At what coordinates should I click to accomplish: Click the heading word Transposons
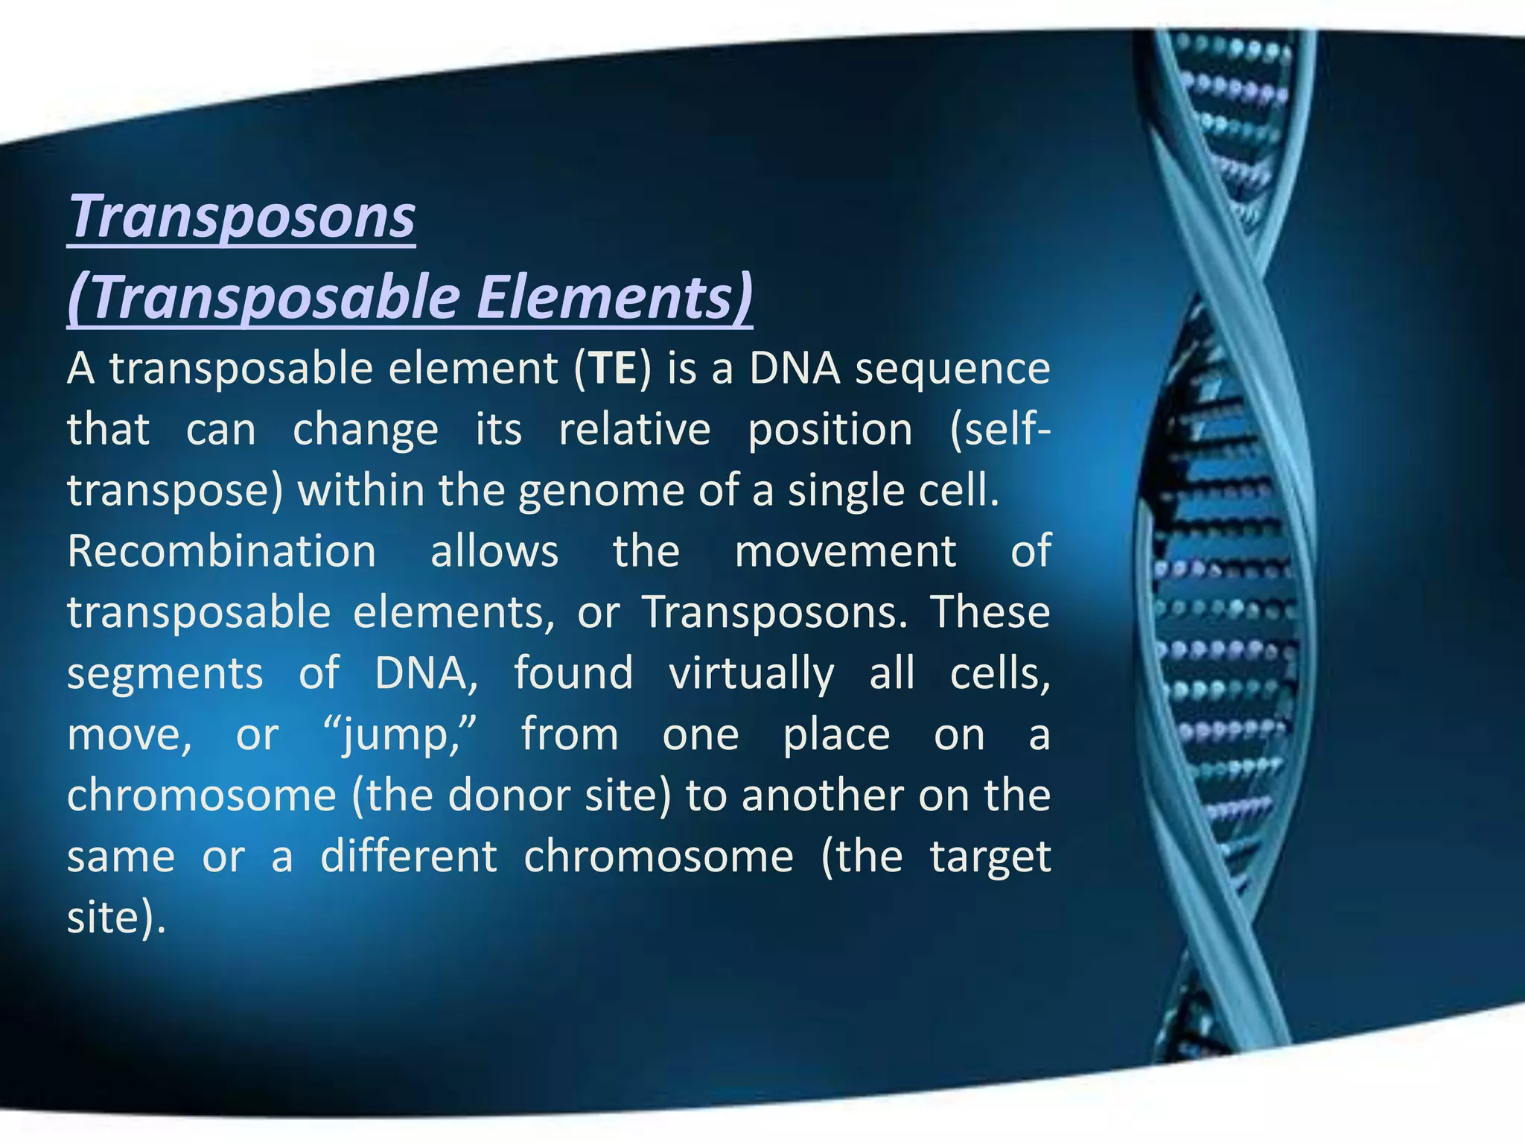click(x=242, y=217)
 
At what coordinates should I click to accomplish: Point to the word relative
click(x=634, y=430)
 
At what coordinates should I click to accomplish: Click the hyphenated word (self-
click(x=1000, y=430)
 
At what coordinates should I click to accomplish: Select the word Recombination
click(x=221, y=552)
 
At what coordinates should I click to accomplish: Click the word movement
click(x=845, y=552)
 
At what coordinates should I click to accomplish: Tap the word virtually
click(x=751, y=675)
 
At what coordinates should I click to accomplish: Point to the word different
click(x=408, y=857)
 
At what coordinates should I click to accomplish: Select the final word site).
click(x=115, y=918)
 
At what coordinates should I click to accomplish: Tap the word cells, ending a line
click(x=1000, y=674)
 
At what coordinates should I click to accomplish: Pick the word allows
click(x=494, y=552)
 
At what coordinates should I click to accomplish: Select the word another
click(x=822, y=795)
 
